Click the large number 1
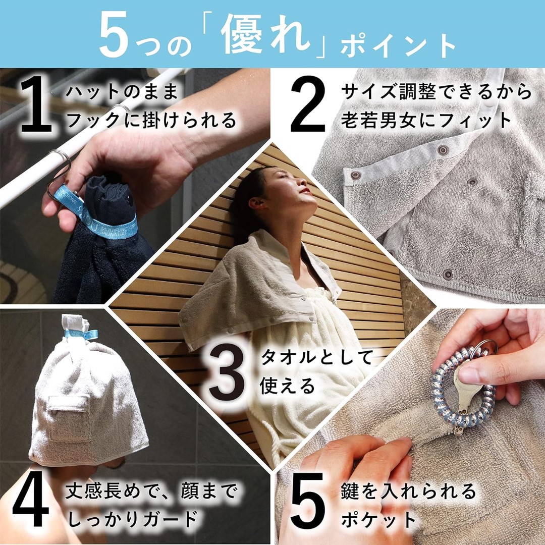click(36, 106)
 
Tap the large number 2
click(308, 104)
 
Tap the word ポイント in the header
click(398, 46)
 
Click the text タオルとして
click(316, 357)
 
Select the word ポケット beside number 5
click(379, 520)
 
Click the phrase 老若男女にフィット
click(426, 121)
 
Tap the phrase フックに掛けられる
click(151, 121)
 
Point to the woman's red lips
click(305, 190)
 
